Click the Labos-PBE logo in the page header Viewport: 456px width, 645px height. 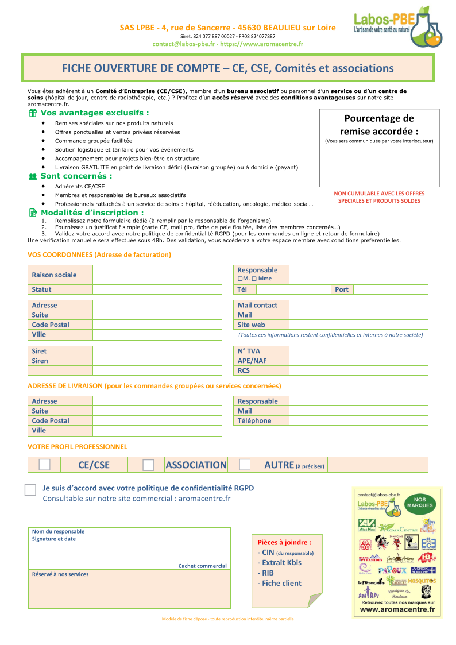pyautogui.click(x=398, y=27)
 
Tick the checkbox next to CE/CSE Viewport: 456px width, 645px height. pyautogui.click(x=45, y=465)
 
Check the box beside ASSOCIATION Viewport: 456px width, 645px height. pyautogui.click(x=148, y=465)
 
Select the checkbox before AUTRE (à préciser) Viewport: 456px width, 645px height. pyautogui.click(x=245, y=464)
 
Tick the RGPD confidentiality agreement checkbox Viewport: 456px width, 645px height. pyautogui.click(x=30, y=490)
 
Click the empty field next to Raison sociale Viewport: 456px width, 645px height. pyautogui.click(x=157, y=275)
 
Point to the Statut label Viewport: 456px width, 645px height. pyautogui.click(x=41, y=289)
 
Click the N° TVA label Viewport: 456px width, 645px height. pyautogui.click(x=249, y=351)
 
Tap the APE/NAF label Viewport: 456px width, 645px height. pyautogui.click(x=252, y=361)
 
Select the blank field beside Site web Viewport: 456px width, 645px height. pyautogui.click(x=358, y=325)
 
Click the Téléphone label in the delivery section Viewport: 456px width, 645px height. pyautogui.click(x=254, y=420)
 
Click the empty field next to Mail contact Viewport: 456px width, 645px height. pyautogui.click(x=358, y=305)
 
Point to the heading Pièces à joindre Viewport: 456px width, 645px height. pyautogui.click(x=284, y=542)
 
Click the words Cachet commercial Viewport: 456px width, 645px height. pyautogui.click(x=202, y=566)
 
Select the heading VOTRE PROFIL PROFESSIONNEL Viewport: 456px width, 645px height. pyautogui.click(x=78, y=446)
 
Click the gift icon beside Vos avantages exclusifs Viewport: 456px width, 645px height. pyautogui.click(x=33, y=113)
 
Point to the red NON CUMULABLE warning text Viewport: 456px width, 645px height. pyautogui.click(x=379, y=197)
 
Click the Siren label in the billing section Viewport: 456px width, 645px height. pyautogui.click(x=40, y=361)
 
